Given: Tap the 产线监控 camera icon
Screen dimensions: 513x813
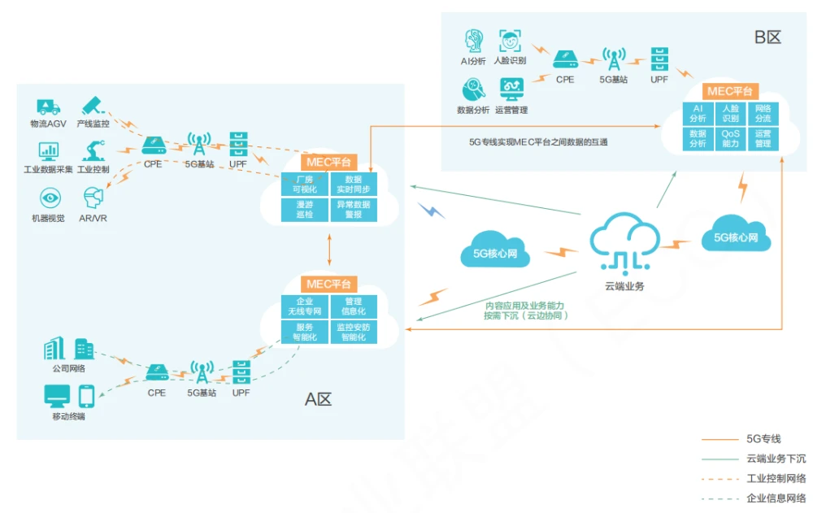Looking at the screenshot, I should click(x=92, y=106).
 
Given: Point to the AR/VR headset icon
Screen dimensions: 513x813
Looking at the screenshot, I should click(x=92, y=198).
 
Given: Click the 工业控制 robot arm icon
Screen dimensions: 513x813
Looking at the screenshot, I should click(x=93, y=150).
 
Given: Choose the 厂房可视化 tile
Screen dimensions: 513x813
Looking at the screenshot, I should click(x=305, y=185).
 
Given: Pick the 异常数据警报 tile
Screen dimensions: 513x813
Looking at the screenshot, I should click(x=354, y=210).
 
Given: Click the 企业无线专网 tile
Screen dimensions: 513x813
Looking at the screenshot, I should click(x=305, y=306).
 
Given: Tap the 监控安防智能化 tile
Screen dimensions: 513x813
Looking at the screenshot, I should click(x=354, y=332).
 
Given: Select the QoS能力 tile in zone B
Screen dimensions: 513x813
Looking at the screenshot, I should click(x=730, y=138).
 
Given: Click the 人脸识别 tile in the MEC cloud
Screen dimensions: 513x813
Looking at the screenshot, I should click(x=730, y=113).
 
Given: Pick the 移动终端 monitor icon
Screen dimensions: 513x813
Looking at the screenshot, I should click(x=57, y=397).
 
